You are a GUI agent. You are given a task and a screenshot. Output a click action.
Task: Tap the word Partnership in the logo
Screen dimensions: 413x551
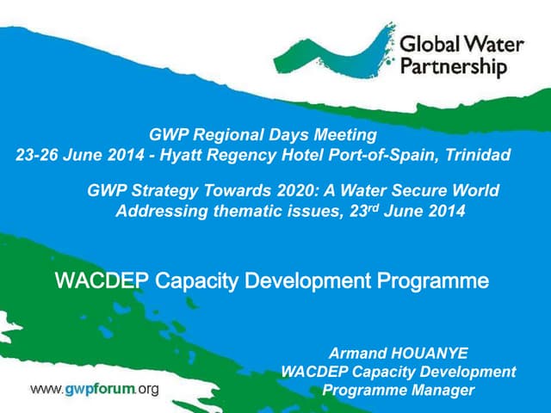pyautogui.click(x=454, y=67)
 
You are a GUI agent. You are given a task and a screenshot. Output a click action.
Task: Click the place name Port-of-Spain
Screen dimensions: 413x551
pyautogui.click(x=382, y=156)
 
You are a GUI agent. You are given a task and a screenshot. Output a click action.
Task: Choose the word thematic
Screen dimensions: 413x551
pyautogui.click(x=239, y=211)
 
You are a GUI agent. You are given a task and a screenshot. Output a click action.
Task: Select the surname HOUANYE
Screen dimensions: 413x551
pyautogui.click(x=434, y=354)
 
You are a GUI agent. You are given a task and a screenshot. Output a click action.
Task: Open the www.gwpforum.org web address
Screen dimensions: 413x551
pyautogui.click(x=95, y=389)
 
